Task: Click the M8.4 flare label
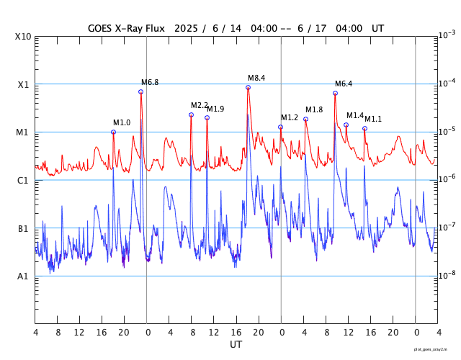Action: pyautogui.click(x=256, y=78)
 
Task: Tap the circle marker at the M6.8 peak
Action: pyautogui.click(x=141, y=91)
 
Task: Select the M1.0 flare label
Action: pyautogui.click(x=122, y=122)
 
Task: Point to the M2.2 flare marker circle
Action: pyautogui.click(x=191, y=114)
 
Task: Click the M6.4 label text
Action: pyautogui.click(x=344, y=84)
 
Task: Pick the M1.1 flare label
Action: pyautogui.click(x=373, y=119)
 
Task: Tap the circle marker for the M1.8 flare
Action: pyautogui.click(x=305, y=119)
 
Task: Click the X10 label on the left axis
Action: pyautogui.click(x=24, y=37)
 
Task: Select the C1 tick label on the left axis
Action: pyautogui.click(x=24, y=180)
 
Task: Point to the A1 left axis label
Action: pyautogui.click(x=24, y=276)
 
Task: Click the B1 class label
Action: pyautogui.click(x=24, y=228)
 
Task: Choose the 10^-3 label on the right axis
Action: pyautogui.click(x=447, y=35)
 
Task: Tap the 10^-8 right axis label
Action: pyautogui.click(x=447, y=275)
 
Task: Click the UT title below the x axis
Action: pyautogui.click(x=236, y=345)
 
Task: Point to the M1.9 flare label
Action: pyautogui.click(x=215, y=109)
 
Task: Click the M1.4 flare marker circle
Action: pyautogui.click(x=346, y=125)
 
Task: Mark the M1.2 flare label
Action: pyautogui.click(x=290, y=117)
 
